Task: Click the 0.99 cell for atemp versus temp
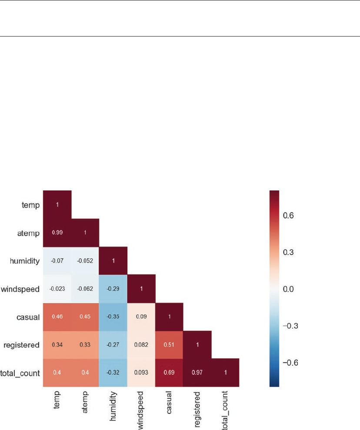pyautogui.click(x=57, y=233)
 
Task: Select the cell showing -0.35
pyautogui.click(x=113, y=317)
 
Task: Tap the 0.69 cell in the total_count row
pyautogui.click(x=169, y=373)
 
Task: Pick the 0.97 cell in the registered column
pyautogui.click(x=197, y=373)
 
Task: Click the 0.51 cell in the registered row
pyautogui.click(x=169, y=345)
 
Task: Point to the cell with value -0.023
pyautogui.click(x=57, y=289)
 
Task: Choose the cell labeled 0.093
pyautogui.click(x=141, y=373)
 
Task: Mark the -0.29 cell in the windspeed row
pyautogui.click(x=113, y=289)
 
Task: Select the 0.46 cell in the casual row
pyautogui.click(x=57, y=317)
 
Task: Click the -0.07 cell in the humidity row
pyautogui.click(x=57, y=261)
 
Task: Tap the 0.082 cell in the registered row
pyautogui.click(x=141, y=345)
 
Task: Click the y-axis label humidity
pyautogui.click(x=24, y=261)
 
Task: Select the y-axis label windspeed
pyautogui.click(x=21, y=289)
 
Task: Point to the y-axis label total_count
pyautogui.click(x=20, y=373)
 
